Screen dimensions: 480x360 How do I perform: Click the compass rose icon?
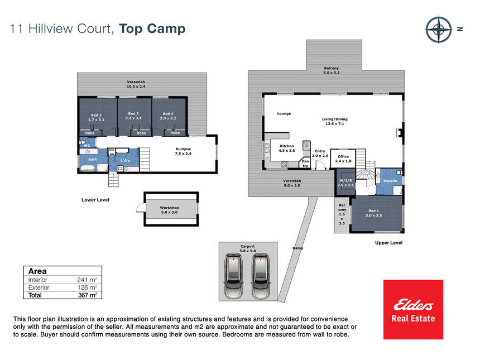438,30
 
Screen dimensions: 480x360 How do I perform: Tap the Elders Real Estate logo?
413,309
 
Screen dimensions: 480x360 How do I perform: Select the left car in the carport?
233,276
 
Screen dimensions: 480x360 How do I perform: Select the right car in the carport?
261,276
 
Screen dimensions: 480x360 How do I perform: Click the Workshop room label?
169,210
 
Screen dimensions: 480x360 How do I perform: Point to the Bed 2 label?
96,117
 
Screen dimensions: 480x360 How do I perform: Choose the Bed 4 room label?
168,116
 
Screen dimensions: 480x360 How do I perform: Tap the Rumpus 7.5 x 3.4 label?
183,151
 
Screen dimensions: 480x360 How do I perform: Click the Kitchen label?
287,148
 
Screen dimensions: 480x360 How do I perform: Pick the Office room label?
343,159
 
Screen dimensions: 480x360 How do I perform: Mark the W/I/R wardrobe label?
345,183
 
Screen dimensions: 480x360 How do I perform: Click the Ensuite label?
390,181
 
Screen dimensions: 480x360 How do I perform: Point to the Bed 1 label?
374,213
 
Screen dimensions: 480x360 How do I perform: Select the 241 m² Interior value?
87,280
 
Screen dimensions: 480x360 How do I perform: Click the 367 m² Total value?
88,295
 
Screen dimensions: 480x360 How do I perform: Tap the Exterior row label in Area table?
39,287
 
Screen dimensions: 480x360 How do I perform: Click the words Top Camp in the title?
152,29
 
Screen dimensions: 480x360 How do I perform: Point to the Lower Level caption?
95,200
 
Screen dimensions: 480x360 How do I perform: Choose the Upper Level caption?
389,243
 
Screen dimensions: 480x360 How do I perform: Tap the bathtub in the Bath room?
88,168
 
